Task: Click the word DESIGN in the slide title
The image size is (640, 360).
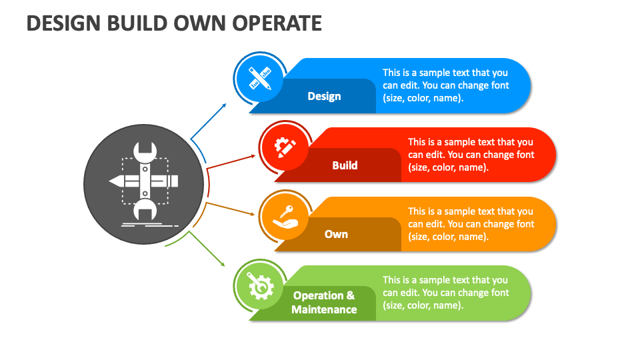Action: click(x=63, y=23)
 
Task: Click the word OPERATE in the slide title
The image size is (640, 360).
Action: click(x=277, y=23)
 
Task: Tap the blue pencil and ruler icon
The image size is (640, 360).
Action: click(x=260, y=78)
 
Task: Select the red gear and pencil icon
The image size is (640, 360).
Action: click(x=285, y=147)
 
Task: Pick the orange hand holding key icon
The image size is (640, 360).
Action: click(x=285, y=217)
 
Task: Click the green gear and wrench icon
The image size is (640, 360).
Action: click(x=261, y=286)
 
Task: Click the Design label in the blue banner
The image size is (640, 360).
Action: click(x=324, y=96)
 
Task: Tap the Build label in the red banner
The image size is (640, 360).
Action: click(x=345, y=165)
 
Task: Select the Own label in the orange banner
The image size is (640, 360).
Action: click(x=336, y=234)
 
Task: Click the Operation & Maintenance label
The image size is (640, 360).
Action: click(x=324, y=303)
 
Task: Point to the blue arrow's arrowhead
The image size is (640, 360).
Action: click(x=224, y=106)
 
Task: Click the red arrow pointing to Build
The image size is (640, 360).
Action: click(x=231, y=162)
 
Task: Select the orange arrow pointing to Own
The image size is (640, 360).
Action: click(x=230, y=208)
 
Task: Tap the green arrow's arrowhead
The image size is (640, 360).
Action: click(x=223, y=264)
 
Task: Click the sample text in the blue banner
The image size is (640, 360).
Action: click(x=446, y=85)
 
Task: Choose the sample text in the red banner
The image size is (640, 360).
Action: click(x=471, y=155)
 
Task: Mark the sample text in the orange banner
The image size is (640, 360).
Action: click(x=471, y=224)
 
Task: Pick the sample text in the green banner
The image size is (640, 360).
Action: click(x=446, y=293)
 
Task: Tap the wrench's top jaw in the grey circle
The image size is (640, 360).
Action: click(x=145, y=151)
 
